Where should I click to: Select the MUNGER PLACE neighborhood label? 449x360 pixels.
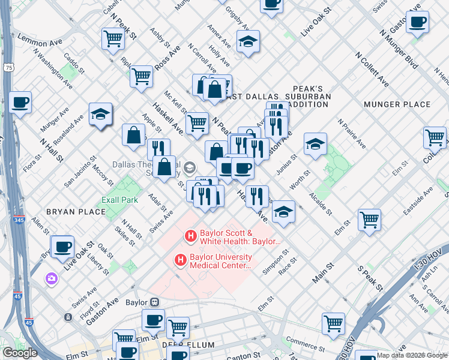tap(397, 104)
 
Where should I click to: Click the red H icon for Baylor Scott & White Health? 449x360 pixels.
tap(191, 236)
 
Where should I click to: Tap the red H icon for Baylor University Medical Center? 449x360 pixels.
tap(179, 260)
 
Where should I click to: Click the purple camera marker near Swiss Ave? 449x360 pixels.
tap(51, 278)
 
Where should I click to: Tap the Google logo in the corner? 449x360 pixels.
tap(20, 353)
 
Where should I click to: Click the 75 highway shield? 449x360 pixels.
tap(8, 68)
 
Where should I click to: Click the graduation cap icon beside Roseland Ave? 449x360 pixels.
tap(100, 113)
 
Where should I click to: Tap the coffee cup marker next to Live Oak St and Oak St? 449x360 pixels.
tap(62, 246)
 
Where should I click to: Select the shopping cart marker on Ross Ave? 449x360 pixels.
tap(141, 76)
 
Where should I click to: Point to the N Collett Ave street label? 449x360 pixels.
tap(371, 70)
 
